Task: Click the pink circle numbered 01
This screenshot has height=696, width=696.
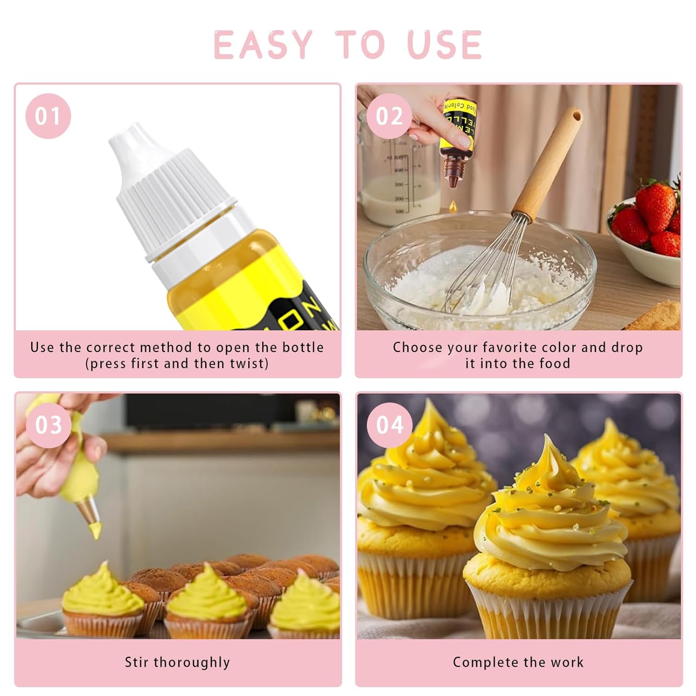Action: tap(48, 116)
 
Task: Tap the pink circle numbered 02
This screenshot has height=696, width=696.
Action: tap(389, 116)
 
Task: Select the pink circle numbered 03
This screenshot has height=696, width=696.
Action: tap(48, 425)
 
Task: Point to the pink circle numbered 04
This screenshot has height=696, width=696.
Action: tap(389, 425)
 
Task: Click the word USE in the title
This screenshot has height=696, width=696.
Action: tap(445, 45)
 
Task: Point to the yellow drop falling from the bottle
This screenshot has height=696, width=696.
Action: tap(453, 205)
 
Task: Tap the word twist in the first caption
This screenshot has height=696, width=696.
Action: tap(248, 363)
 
